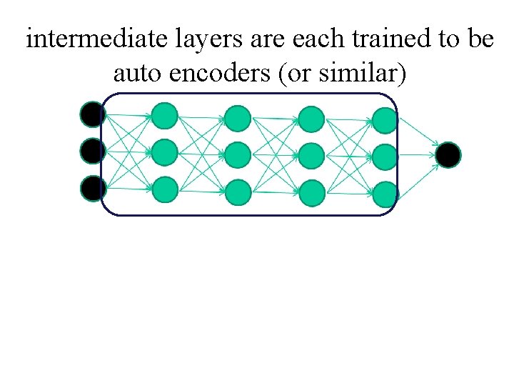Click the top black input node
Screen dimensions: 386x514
click(x=92, y=114)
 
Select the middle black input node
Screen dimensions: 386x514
click(x=92, y=151)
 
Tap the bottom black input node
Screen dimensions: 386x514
click(x=92, y=188)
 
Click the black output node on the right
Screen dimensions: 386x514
click(x=448, y=155)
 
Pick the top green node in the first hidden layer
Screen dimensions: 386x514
click(x=165, y=115)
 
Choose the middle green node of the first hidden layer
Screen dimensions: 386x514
click(x=165, y=152)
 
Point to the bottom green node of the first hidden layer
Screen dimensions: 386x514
click(x=165, y=189)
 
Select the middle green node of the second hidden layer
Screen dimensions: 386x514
click(x=238, y=154)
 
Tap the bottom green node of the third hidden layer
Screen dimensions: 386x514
click(x=311, y=192)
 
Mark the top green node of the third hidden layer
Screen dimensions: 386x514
click(x=311, y=119)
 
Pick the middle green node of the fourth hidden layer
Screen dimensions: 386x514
click(x=385, y=157)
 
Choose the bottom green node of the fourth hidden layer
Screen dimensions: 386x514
click(x=385, y=194)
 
